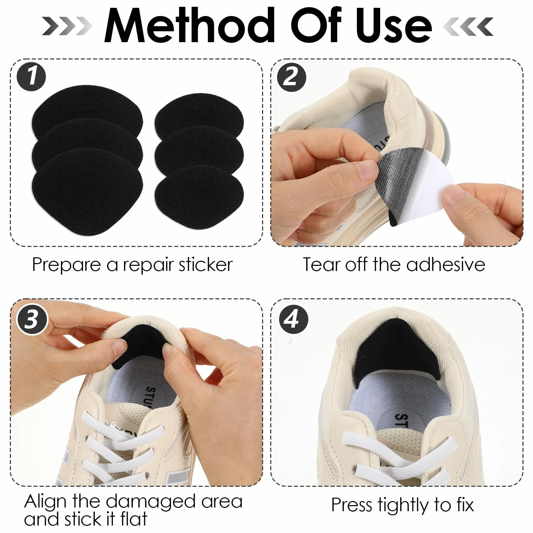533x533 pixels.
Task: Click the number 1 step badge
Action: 31,76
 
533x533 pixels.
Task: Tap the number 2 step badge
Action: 291,77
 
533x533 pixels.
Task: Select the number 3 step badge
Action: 31,320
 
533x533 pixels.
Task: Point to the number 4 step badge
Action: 293,319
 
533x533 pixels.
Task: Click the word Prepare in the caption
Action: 66,265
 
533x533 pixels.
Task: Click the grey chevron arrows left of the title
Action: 67,26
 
